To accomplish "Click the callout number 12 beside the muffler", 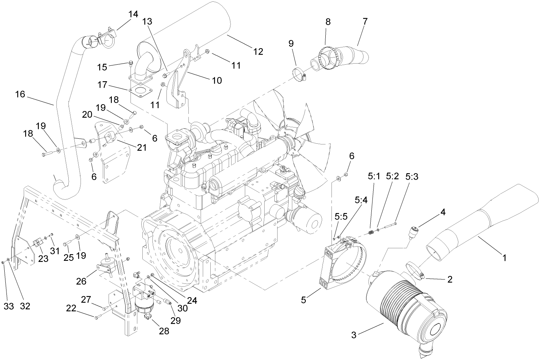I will click(x=258, y=51).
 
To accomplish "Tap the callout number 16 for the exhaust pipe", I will click(x=20, y=94).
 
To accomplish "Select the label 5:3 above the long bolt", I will click(x=412, y=176).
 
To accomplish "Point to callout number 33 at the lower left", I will click(x=8, y=306).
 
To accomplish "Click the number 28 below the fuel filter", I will click(x=164, y=331).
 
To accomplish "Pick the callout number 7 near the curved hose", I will click(x=365, y=21).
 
